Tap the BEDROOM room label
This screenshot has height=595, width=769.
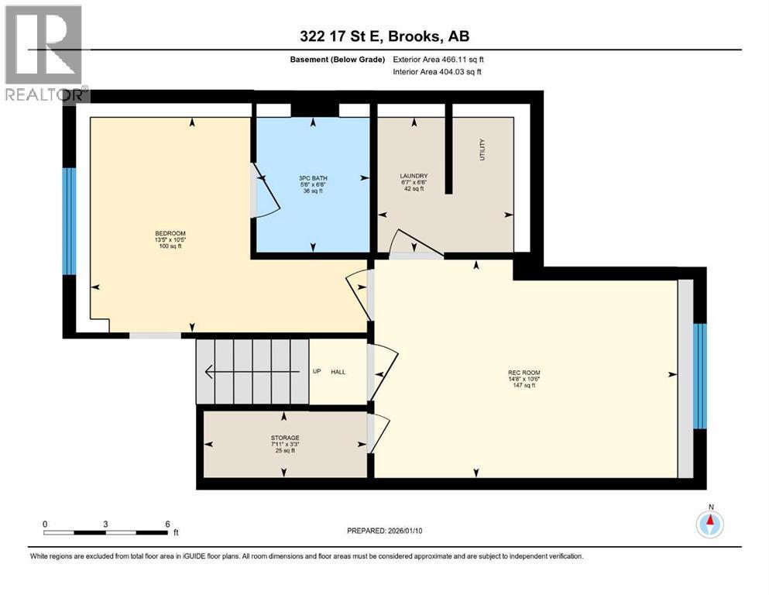pos(170,233)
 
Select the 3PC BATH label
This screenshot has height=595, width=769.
pos(313,178)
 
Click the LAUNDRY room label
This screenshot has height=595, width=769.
pos(414,176)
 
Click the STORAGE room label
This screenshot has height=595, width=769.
pos(285,438)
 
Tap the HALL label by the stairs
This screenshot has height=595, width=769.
pos(338,372)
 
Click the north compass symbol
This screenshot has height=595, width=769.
pos(709,524)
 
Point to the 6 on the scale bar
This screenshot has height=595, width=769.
pos(167,524)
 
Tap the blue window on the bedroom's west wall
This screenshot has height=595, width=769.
pos(69,221)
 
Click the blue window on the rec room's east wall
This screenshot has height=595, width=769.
pos(699,376)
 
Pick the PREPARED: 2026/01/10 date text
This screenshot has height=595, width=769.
pos(387,531)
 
